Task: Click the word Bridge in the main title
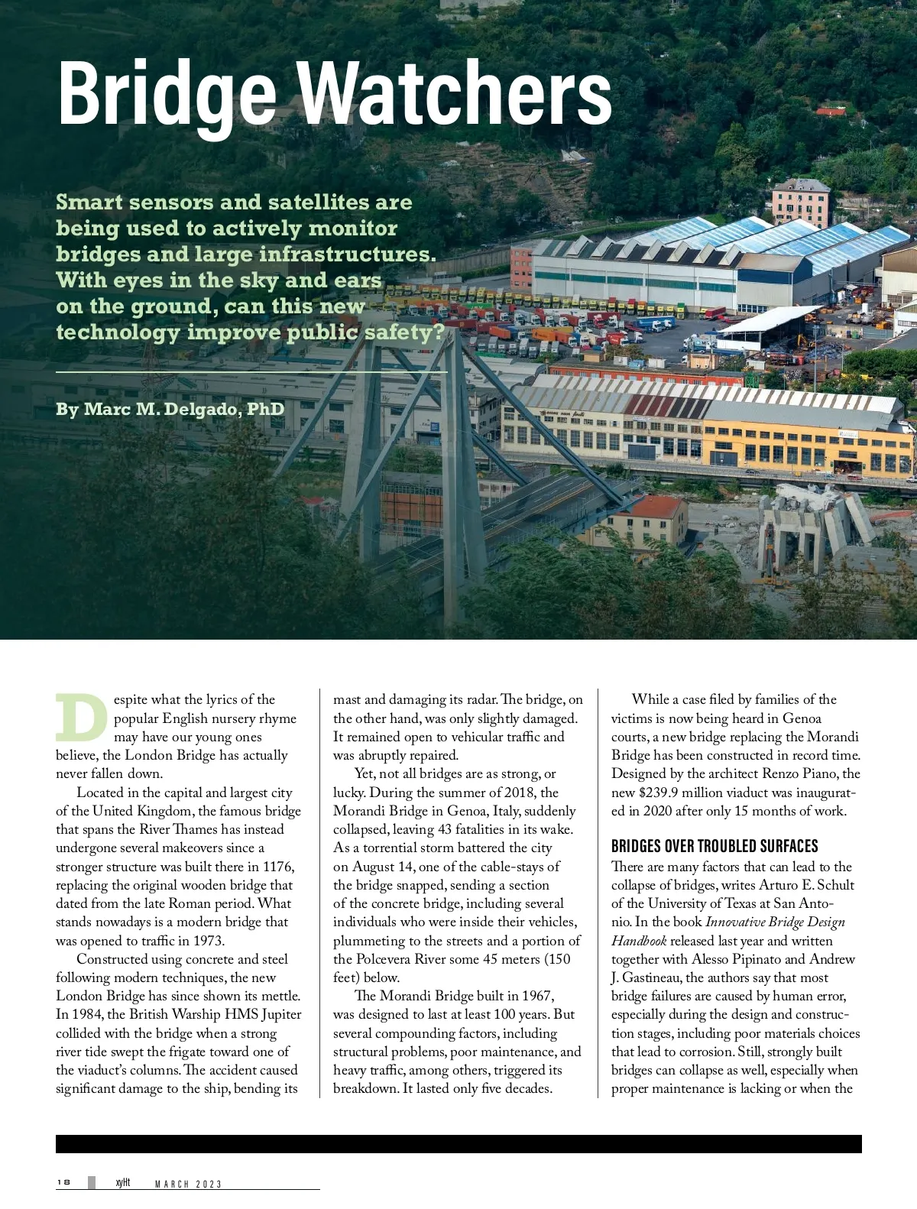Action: tap(167, 94)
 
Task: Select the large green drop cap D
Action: tap(81, 718)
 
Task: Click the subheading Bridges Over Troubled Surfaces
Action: tap(714, 846)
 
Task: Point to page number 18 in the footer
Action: tap(63, 1182)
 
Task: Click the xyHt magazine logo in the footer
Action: tap(122, 1182)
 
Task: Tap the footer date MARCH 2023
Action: tap(188, 1184)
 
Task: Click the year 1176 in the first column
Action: tap(278, 867)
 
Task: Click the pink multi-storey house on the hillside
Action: tap(800, 201)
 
